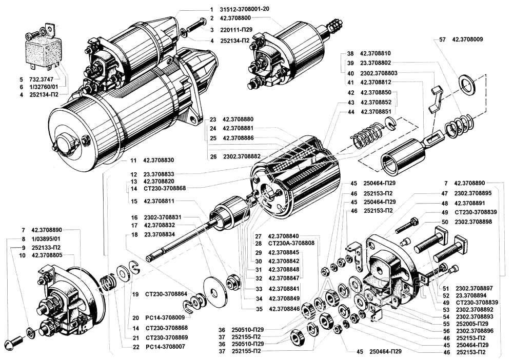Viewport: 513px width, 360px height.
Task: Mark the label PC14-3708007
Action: tap(166, 347)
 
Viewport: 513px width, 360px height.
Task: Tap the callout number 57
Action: tap(442, 39)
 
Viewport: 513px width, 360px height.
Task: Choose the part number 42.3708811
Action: tap(159, 201)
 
